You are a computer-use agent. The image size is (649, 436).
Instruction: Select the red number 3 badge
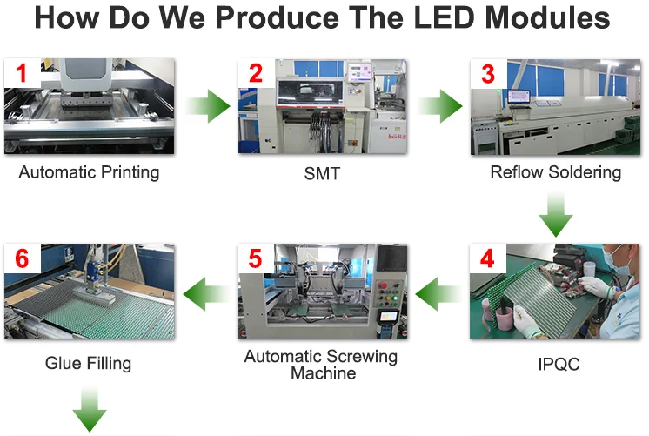[488, 74]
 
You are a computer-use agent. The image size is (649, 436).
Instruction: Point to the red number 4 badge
[488, 259]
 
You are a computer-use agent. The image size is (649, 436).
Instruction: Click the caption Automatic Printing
[89, 172]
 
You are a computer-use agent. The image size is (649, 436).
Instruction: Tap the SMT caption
[322, 174]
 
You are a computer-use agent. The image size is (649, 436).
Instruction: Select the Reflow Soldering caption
[555, 172]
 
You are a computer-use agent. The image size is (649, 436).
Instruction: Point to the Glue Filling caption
[88, 362]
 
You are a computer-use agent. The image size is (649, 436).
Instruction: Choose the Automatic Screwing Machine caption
[321, 365]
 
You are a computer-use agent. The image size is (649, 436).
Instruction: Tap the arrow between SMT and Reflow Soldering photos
[440, 107]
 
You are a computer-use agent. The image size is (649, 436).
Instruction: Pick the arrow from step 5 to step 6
[205, 293]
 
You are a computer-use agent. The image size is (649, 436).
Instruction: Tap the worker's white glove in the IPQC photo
[595, 286]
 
